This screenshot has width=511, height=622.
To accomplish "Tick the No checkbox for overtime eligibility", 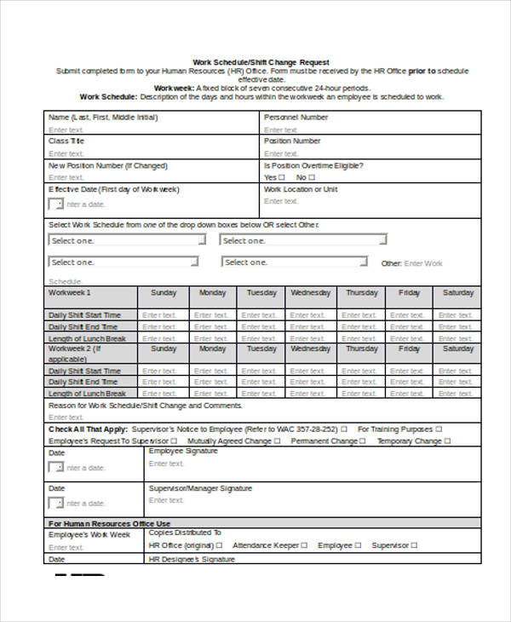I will pos(312,177).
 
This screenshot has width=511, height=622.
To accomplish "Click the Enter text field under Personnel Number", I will pos(281,130).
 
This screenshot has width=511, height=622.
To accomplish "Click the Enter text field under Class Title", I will pos(66,153).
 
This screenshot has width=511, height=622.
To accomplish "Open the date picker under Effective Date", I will pos(56,204).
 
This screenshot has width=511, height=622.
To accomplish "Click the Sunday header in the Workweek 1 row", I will pos(164,293).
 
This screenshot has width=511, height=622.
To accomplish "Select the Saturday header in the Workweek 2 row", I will pos(458,348).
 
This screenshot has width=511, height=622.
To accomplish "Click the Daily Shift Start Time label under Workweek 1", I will pos(84,315).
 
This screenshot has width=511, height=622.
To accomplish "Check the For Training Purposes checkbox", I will pos(438,429).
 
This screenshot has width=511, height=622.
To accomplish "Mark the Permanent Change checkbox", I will pos(362,441).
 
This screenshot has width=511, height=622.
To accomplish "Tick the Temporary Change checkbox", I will pos(448,441).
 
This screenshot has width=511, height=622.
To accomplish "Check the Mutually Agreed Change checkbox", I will pos(277,441).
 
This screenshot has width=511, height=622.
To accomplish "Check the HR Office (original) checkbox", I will pos(219,545).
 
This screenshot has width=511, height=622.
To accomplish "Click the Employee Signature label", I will pos(183,451).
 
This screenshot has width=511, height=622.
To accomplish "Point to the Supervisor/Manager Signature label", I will pos(200,489).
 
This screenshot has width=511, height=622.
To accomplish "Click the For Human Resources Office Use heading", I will pos(109,523).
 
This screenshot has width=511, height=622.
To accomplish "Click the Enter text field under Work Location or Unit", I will pos(281,201).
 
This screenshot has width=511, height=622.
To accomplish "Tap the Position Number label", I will pos(292,141).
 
